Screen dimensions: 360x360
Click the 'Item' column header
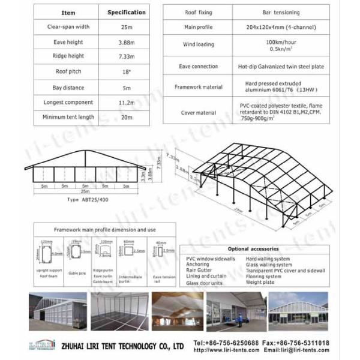pos(68,12)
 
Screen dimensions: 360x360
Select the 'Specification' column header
pos(126,12)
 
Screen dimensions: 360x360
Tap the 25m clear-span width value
pos(126,26)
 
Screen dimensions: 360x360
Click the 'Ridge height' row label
pos(68,56)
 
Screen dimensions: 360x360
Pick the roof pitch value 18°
pos(126,71)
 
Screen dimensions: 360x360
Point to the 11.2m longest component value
pos(126,102)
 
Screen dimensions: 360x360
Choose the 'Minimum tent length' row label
pos(68,117)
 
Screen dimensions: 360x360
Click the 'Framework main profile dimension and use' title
pos(105,230)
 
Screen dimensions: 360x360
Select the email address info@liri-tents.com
pos(299,350)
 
